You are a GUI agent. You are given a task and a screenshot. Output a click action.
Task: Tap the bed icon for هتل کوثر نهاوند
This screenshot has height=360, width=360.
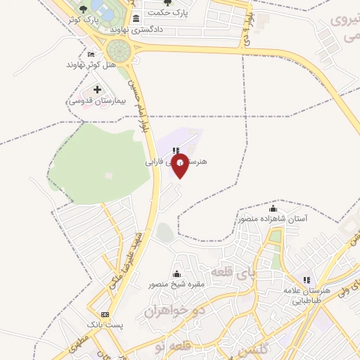point(90,54)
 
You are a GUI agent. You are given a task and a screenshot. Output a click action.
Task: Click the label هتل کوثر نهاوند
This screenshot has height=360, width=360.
point(89,65)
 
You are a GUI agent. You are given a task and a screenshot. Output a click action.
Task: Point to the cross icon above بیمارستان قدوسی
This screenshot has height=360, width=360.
point(97,89)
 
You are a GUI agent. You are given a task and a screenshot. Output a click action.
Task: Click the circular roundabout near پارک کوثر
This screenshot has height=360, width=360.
point(119,49)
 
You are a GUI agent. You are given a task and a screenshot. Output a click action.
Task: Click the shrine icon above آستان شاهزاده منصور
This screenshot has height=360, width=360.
point(273,209)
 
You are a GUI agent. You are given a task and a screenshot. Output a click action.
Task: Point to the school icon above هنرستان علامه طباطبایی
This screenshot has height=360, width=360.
point(306,281)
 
